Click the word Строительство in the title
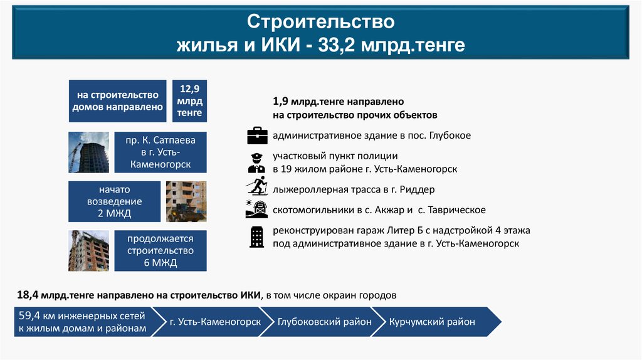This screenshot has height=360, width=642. coord(320,23)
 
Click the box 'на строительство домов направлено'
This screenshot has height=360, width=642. coord(117,101)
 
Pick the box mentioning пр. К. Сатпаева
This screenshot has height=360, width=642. coord(160,152)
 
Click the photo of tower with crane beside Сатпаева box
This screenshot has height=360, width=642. coord(88,152)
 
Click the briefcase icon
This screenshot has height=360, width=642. coord(257,135)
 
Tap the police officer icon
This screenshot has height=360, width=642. coord(257,162)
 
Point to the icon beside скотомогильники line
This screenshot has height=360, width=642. coord(257,209)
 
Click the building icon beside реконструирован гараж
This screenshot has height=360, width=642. coord(257,236)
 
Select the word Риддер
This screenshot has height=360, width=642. coord(416,189)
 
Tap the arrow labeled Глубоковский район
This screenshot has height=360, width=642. coord(325,322)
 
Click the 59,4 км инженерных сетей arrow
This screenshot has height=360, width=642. coord(82,322)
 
